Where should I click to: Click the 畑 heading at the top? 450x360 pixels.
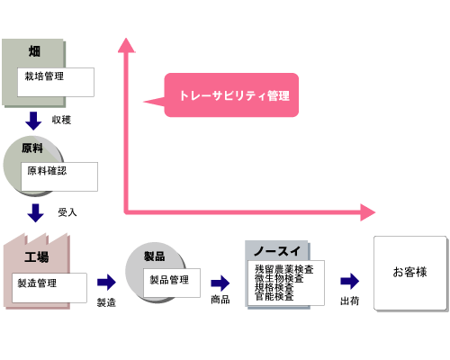tap(34, 50)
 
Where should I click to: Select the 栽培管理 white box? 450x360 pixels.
tap(57, 81)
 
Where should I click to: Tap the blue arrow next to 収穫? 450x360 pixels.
tap(34, 120)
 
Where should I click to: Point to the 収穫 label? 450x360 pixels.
tap(62, 120)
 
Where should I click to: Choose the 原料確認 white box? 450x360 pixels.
tap(59, 175)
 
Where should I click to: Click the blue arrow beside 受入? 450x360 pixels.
tap(35, 213)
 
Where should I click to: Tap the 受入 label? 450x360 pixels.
tap(67, 213)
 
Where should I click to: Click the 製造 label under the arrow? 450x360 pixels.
tap(106, 301)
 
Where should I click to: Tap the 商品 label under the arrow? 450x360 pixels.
tap(220, 300)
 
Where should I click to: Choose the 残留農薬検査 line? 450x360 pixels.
tap(283, 269)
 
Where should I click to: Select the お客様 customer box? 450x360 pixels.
tap(409, 273)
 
